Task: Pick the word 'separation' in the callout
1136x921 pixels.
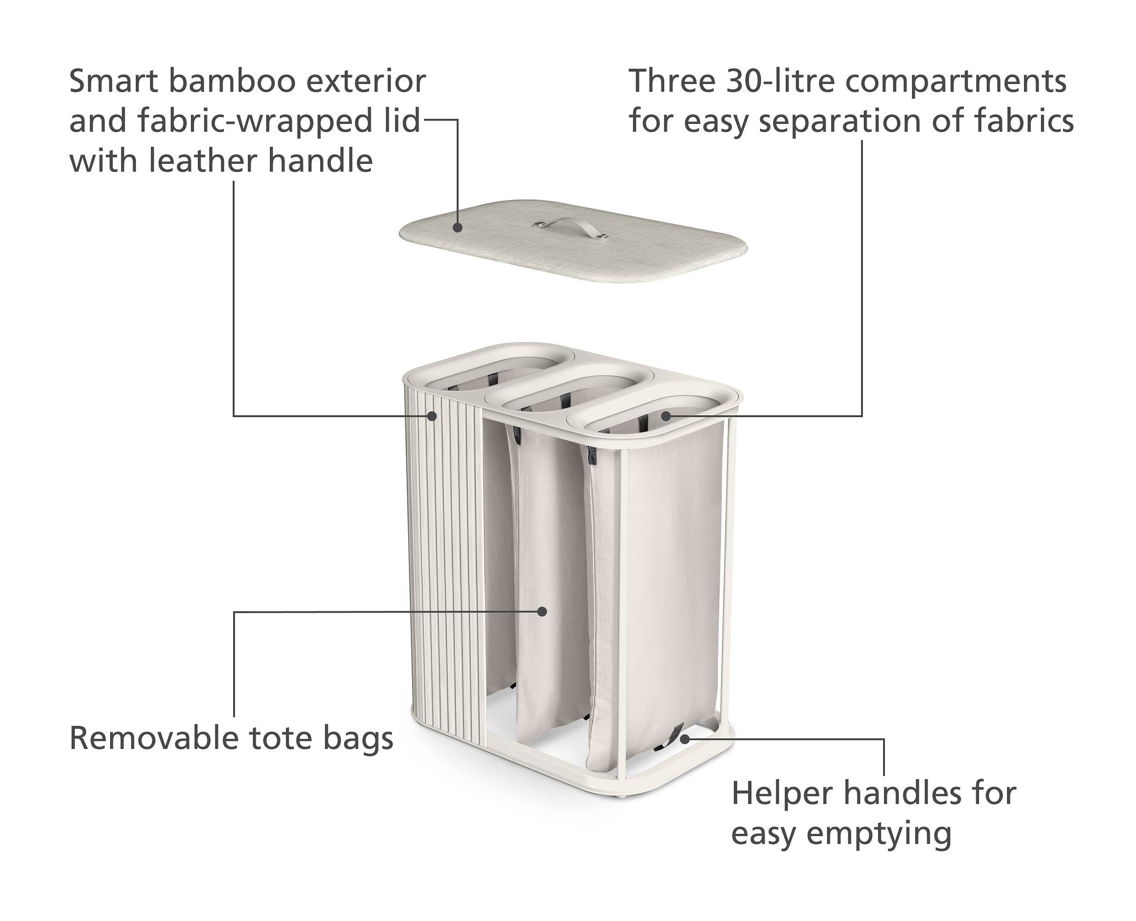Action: (840, 122)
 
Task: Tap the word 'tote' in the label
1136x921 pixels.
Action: (281, 738)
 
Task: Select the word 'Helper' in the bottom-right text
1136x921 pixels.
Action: (783, 794)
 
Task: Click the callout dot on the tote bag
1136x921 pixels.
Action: (542, 611)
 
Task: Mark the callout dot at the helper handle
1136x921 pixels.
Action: (685, 738)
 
